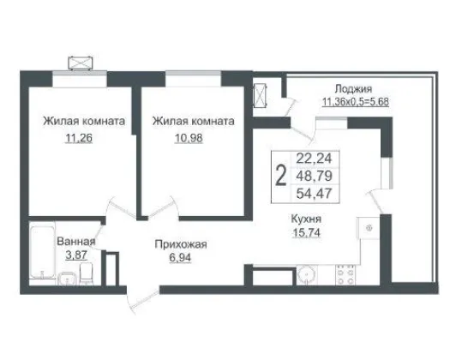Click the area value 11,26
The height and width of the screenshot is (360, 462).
pos(78,138)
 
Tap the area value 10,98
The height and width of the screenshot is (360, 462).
pos(189,138)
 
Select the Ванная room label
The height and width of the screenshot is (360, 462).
pos(76,242)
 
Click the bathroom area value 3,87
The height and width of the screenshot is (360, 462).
pos(76,255)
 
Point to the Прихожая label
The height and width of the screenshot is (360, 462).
pos(181,244)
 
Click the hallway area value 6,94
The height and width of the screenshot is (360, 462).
pos(180,257)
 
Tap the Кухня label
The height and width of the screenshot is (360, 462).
pos(306,219)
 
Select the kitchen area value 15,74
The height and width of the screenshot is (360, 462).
pos(307,233)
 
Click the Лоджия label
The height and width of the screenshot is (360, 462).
pos(353,88)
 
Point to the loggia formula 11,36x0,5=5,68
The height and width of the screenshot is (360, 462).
pos(356,102)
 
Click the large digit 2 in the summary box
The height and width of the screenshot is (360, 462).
pos(280,177)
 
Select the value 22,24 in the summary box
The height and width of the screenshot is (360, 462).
pos(314,159)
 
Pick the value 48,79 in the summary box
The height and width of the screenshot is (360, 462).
pos(314,176)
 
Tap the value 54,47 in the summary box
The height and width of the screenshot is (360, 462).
pos(314,194)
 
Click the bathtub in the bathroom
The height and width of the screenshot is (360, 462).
pos(42,252)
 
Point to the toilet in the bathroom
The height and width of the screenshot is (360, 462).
pos(87,273)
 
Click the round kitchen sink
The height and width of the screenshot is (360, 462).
pos(307,274)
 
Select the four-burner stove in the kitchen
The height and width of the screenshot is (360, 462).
pos(345,274)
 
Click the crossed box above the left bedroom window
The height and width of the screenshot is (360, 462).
pos(81,63)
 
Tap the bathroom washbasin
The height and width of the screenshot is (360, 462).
pos(67,279)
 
